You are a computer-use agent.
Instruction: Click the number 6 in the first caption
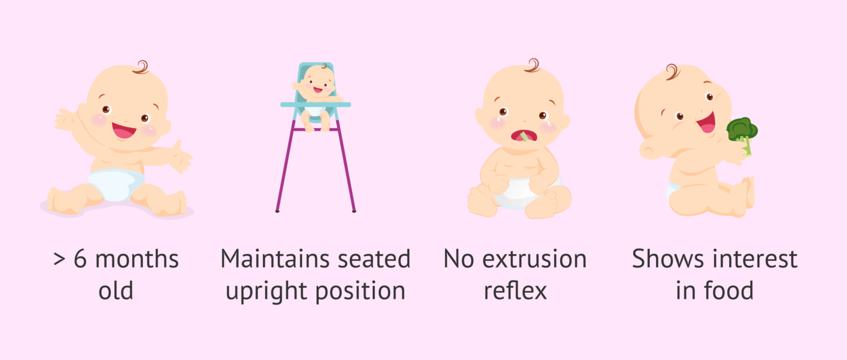(80, 259)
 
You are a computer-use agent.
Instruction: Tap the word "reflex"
(515, 291)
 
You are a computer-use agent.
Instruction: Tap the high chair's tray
(315, 104)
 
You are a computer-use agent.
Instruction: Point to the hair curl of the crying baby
(533, 65)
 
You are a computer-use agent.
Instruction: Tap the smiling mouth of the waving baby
(125, 131)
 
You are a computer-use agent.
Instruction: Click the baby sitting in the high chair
(316, 88)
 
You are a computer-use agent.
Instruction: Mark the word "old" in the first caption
(116, 291)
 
